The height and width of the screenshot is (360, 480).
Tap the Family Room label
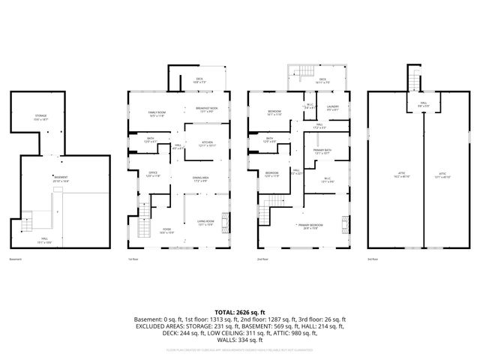pos(157,114)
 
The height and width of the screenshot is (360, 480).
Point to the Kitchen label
pos(206,142)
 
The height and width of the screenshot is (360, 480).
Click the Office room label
pos(152,174)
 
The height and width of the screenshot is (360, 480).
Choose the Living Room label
pos(205,223)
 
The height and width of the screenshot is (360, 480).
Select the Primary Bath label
pos(322,151)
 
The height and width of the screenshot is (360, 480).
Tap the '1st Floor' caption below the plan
pos(133,259)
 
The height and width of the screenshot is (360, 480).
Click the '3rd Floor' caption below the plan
pos(373,259)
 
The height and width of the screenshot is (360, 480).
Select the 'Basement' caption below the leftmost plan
pos(16,259)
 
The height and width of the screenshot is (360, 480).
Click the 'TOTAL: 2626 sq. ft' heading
pos(240,311)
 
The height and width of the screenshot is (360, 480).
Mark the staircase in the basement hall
pos(26,223)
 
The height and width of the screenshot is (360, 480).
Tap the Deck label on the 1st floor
pos(199,80)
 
